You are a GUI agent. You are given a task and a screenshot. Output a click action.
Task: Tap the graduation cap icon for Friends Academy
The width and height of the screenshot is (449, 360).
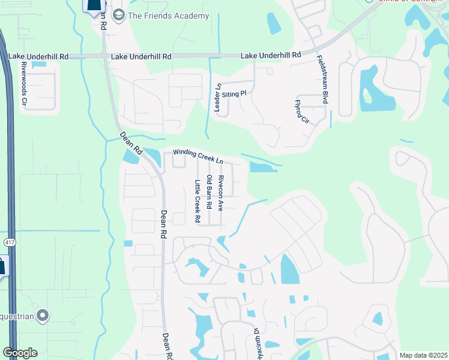[x=118, y=15]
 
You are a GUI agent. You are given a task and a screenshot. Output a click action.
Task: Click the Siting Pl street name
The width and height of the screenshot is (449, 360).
[x=234, y=94]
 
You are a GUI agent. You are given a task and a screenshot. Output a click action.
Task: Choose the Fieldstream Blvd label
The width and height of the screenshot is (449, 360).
[x=323, y=80]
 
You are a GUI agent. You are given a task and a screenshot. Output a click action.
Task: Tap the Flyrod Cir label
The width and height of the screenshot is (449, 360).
[x=302, y=112]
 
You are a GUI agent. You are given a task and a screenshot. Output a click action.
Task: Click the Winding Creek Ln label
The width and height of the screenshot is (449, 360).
[x=198, y=157]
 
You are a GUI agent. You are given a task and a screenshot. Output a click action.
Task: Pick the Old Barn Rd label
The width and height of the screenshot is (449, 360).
[x=209, y=192]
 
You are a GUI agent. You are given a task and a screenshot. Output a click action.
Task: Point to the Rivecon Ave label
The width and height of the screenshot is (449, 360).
[x=221, y=193]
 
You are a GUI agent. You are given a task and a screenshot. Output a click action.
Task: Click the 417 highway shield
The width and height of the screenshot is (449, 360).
[x=8, y=243]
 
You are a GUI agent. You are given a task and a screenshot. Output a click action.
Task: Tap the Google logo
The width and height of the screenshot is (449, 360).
[x=20, y=353]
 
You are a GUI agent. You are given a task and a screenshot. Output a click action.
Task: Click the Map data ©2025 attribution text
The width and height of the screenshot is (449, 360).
[x=423, y=355]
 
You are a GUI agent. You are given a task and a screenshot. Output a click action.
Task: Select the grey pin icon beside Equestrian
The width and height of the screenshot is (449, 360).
[x=42, y=314]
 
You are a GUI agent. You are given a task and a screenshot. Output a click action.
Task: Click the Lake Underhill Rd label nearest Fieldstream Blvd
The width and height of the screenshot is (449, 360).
[x=271, y=55]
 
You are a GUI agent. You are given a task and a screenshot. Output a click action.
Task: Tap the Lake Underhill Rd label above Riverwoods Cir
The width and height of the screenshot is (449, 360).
[x=38, y=56]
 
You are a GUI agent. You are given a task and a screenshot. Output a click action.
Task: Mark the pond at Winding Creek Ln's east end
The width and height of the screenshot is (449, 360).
[x=263, y=167]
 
